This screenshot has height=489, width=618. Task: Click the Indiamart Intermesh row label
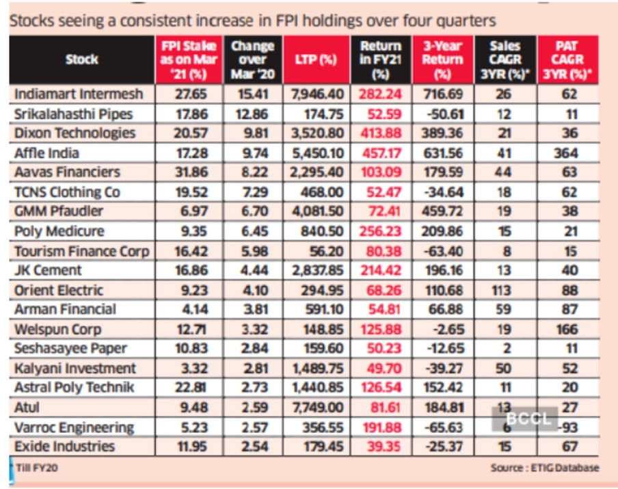click(x=79, y=94)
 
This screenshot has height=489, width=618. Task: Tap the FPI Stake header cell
click(x=188, y=60)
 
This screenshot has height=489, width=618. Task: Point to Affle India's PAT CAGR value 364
click(x=565, y=153)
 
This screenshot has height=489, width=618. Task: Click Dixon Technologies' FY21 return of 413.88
click(x=380, y=133)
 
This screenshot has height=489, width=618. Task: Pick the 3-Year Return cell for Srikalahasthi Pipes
click(x=443, y=114)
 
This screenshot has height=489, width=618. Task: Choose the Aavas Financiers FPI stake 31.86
click(x=187, y=172)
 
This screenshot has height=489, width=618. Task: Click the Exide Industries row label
click(x=66, y=447)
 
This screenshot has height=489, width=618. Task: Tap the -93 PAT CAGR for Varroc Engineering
click(x=565, y=427)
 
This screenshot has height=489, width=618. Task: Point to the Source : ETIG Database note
click(x=544, y=468)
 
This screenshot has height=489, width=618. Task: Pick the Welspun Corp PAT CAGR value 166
click(x=565, y=329)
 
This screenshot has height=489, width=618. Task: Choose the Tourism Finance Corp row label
click(x=81, y=251)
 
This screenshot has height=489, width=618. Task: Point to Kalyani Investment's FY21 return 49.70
click(x=380, y=369)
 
